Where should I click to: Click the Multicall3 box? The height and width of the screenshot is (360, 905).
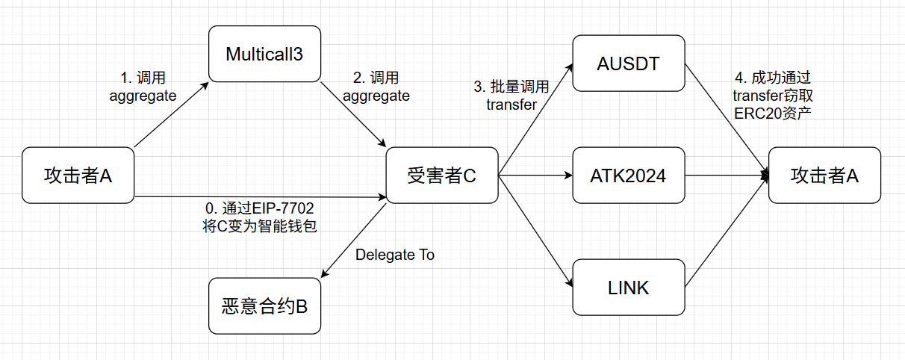coord(264,54)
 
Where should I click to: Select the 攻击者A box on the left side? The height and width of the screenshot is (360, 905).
coord(78,176)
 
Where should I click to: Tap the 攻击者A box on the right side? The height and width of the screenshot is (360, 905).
coord(824,176)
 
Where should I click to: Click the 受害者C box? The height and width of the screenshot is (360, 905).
coord(441,176)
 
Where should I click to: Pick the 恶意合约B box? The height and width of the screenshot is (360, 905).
coord(264,305)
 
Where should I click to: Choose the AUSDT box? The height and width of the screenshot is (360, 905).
coord(628,63)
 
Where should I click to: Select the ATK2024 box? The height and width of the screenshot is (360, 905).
coord(628,176)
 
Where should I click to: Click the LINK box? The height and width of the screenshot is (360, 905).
coord(628,287)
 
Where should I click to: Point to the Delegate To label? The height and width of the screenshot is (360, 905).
coord(395,255)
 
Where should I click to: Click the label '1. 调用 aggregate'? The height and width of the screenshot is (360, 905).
coord(143,87)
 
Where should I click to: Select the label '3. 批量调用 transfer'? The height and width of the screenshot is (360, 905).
coord(511,96)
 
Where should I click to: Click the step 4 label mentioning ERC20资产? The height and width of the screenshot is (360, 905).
coord(772,96)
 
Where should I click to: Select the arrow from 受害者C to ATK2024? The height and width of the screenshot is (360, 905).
coord(534,176)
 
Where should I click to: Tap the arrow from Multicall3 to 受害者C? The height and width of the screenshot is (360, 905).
coord(352,114)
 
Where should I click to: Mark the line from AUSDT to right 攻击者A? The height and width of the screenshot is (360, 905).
coord(727,120)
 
